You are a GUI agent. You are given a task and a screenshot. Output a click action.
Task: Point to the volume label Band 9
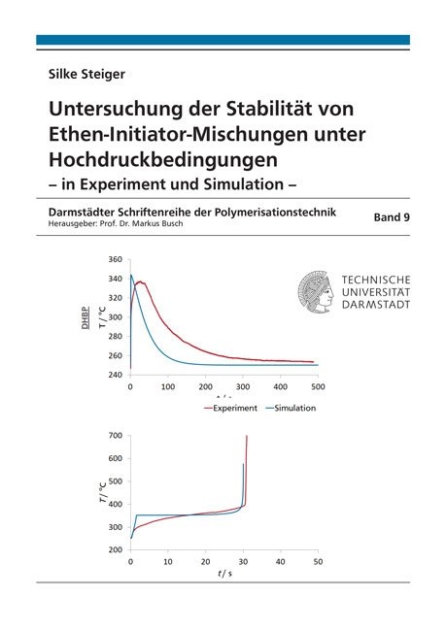tap(392, 218)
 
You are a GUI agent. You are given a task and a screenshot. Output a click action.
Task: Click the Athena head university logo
tap(315, 287)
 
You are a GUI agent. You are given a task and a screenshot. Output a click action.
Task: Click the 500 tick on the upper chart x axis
tap(316, 386)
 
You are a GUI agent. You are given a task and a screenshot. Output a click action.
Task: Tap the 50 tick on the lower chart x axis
tap(317, 561)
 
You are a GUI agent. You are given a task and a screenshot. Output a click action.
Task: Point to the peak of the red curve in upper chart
tap(141, 282)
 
